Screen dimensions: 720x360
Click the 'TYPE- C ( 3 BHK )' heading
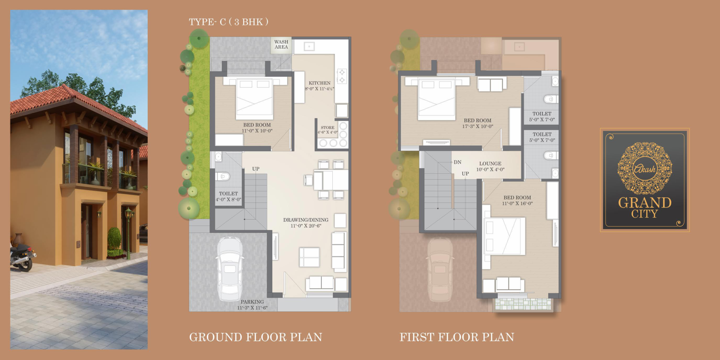point(229,22)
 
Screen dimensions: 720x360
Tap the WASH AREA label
point(281,45)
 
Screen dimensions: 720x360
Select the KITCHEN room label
point(320,83)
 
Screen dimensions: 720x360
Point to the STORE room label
point(328,128)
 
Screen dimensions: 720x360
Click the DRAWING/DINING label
point(305,220)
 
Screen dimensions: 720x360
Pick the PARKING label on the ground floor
point(252,302)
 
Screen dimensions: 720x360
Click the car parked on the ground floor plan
point(230,269)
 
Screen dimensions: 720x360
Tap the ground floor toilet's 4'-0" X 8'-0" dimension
point(228,200)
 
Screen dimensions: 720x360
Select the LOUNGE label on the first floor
point(490,164)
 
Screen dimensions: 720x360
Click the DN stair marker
point(457,162)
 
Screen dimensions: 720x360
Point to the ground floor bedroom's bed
point(255,98)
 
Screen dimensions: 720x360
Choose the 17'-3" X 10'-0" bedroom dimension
point(478,126)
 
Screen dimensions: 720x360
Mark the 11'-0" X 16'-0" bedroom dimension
point(517,204)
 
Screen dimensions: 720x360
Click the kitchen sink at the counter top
point(309,47)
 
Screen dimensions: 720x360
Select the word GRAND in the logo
point(645,203)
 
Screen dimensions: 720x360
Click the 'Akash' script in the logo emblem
point(645,169)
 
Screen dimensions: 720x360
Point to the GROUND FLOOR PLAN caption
point(255,337)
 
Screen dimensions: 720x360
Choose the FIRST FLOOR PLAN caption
point(457,337)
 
